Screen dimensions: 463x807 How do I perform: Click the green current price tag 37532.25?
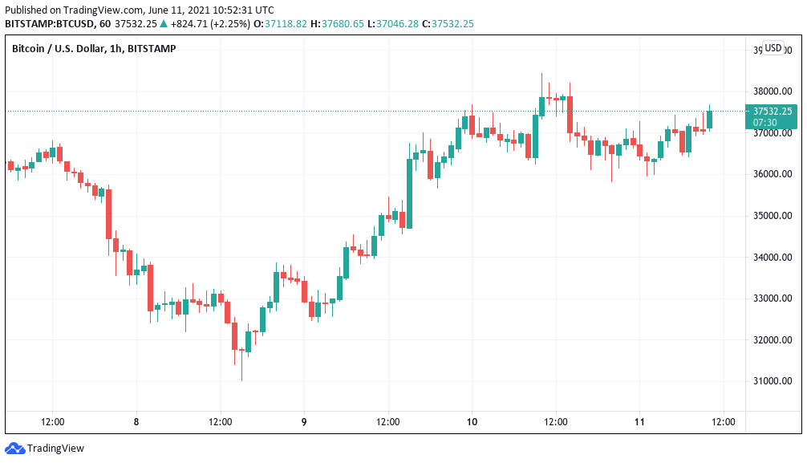(773, 112)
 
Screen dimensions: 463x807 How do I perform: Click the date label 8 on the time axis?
(136, 421)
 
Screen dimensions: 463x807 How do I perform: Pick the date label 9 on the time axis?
(304, 421)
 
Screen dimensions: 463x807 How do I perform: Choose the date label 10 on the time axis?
(472, 421)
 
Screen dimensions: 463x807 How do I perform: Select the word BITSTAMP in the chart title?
(151, 49)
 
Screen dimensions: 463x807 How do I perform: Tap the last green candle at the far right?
(709, 120)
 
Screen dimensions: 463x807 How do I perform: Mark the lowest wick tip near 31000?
(241, 380)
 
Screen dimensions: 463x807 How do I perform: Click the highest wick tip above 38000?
(541, 74)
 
